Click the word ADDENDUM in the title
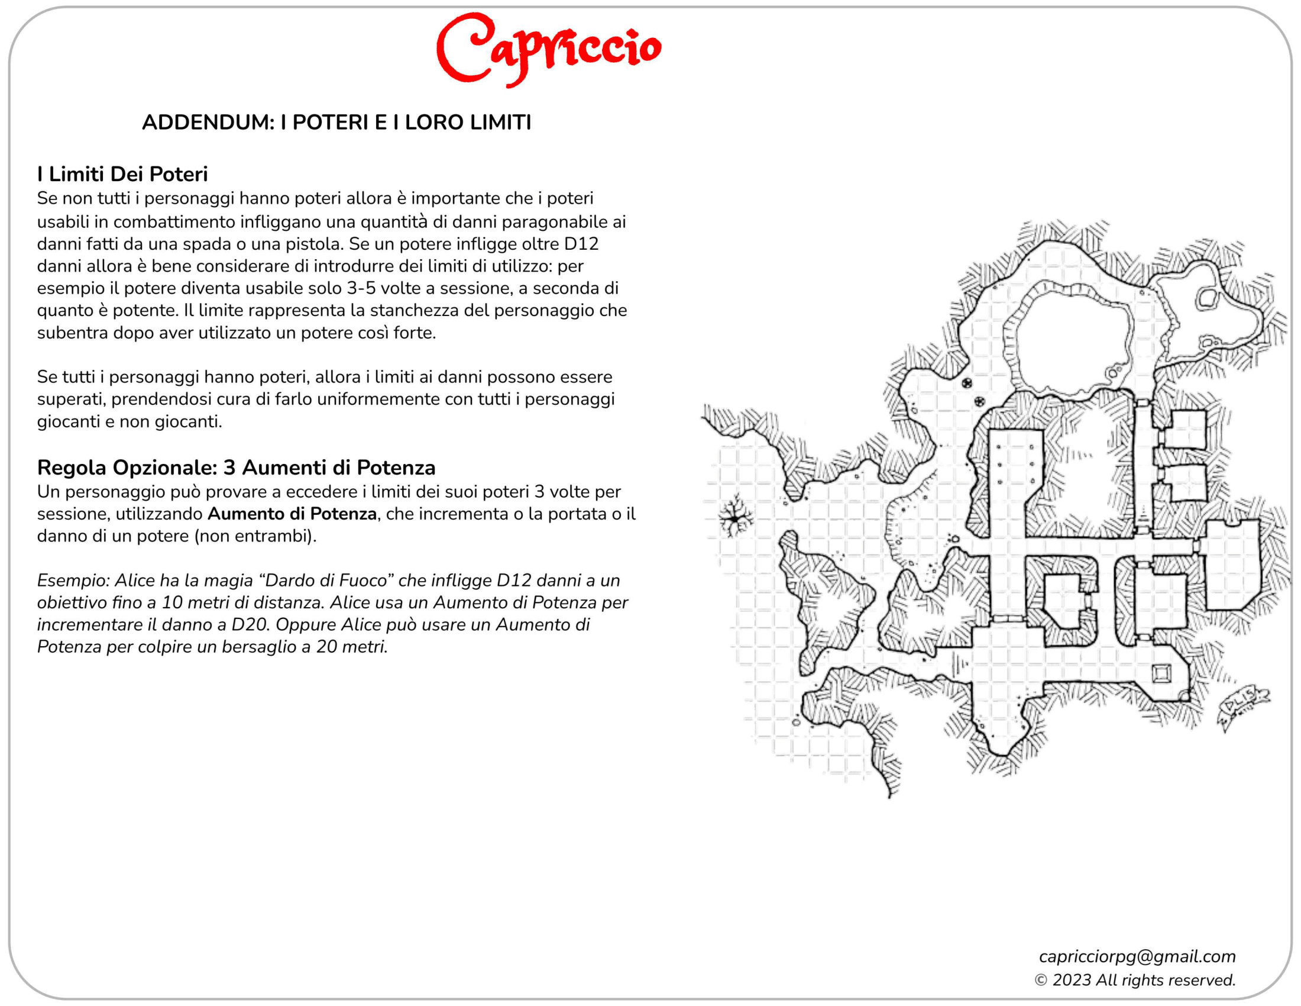point(208,122)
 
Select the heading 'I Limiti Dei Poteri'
point(122,174)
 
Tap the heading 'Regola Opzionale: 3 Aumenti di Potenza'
point(236,467)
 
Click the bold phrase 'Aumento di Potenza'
point(292,514)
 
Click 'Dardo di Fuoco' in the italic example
point(328,581)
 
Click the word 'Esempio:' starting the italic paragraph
point(73,581)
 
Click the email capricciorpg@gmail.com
point(1137,956)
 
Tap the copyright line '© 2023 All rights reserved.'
point(1135,981)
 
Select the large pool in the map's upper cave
point(1072,340)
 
